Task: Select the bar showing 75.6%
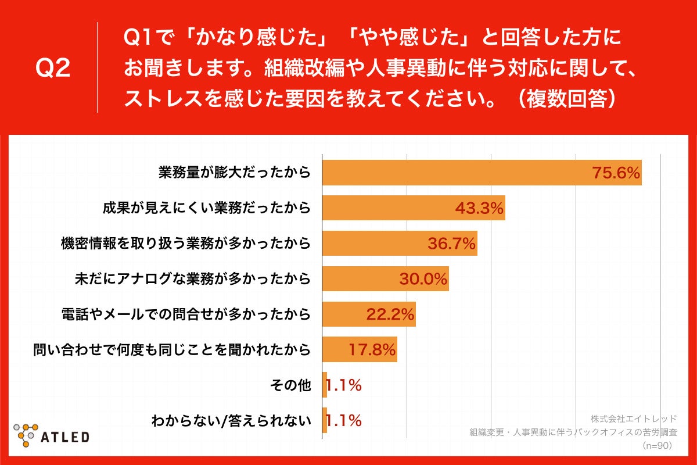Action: pos(482,173)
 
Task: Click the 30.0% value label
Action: pos(423,280)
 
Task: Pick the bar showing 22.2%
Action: pos(369,314)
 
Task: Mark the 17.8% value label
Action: pos(372,350)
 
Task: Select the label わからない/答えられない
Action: pos(231,420)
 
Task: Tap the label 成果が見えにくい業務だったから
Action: pos(206,208)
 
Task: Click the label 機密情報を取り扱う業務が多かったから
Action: pos(185,244)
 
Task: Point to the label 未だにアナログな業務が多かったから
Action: pos(192,279)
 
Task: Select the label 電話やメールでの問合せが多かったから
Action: pos(185,314)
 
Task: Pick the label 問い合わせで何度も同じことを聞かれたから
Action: pos(171,350)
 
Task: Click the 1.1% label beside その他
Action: pos(344,385)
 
